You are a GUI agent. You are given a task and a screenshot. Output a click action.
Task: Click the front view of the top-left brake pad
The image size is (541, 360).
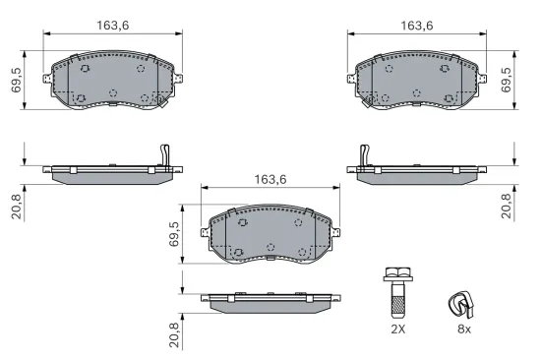tap(110, 81)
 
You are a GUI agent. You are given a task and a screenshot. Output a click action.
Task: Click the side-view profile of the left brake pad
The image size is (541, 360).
tap(110, 171)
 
